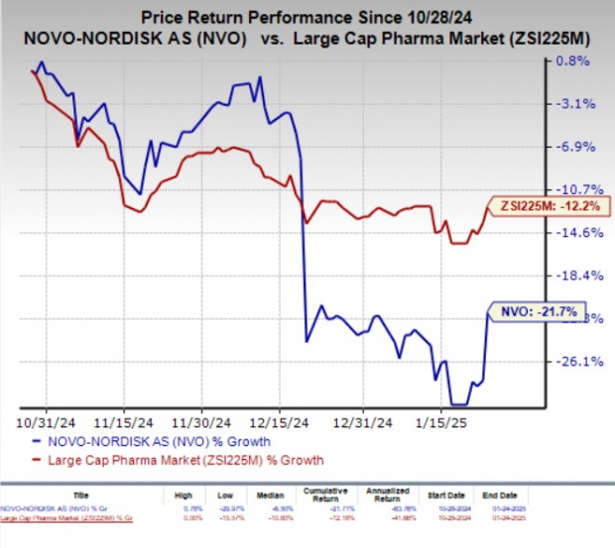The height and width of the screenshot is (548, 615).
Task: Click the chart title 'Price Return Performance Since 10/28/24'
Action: (307, 17)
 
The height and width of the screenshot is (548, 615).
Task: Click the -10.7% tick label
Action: (571, 189)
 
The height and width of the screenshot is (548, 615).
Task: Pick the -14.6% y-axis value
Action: (571, 233)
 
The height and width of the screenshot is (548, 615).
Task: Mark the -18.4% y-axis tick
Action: (571, 275)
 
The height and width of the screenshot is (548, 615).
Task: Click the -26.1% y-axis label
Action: (571, 362)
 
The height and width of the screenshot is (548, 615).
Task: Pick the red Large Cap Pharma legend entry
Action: (178, 460)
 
